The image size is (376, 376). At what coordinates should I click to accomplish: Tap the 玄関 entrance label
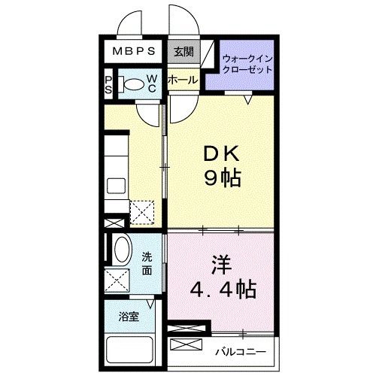[183, 52]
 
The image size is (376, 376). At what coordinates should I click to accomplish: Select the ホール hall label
[183, 80]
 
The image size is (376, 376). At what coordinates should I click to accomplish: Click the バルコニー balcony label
[240, 350]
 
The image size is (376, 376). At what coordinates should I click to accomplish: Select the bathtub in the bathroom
[129, 350]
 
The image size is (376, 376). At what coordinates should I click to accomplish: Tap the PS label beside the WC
[109, 84]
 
